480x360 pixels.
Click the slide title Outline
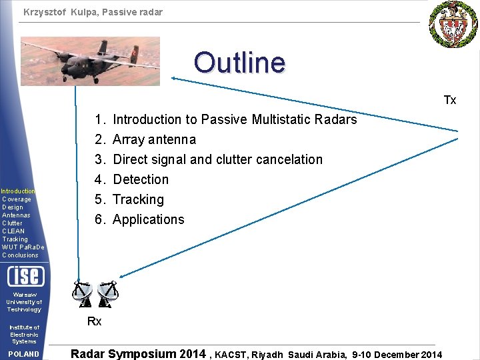(x=239, y=63)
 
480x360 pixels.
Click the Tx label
(x=450, y=100)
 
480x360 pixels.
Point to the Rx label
(x=95, y=321)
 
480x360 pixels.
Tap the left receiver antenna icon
(x=83, y=294)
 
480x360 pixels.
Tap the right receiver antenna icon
(x=108, y=294)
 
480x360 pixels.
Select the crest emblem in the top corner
(x=453, y=24)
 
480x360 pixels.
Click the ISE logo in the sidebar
(x=25, y=275)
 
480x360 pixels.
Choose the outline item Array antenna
(x=154, y=139)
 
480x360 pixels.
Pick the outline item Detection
(x=141, y=179)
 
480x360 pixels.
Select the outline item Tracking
(x=138, y=199)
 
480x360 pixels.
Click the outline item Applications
(x=148, y=219)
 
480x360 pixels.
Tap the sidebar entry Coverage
(x=17, y=199)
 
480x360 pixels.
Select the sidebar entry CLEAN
(x=13, y=231)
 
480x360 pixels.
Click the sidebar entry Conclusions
(x=20, y=255)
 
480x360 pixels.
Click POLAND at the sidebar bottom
(x=23, y=353)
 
